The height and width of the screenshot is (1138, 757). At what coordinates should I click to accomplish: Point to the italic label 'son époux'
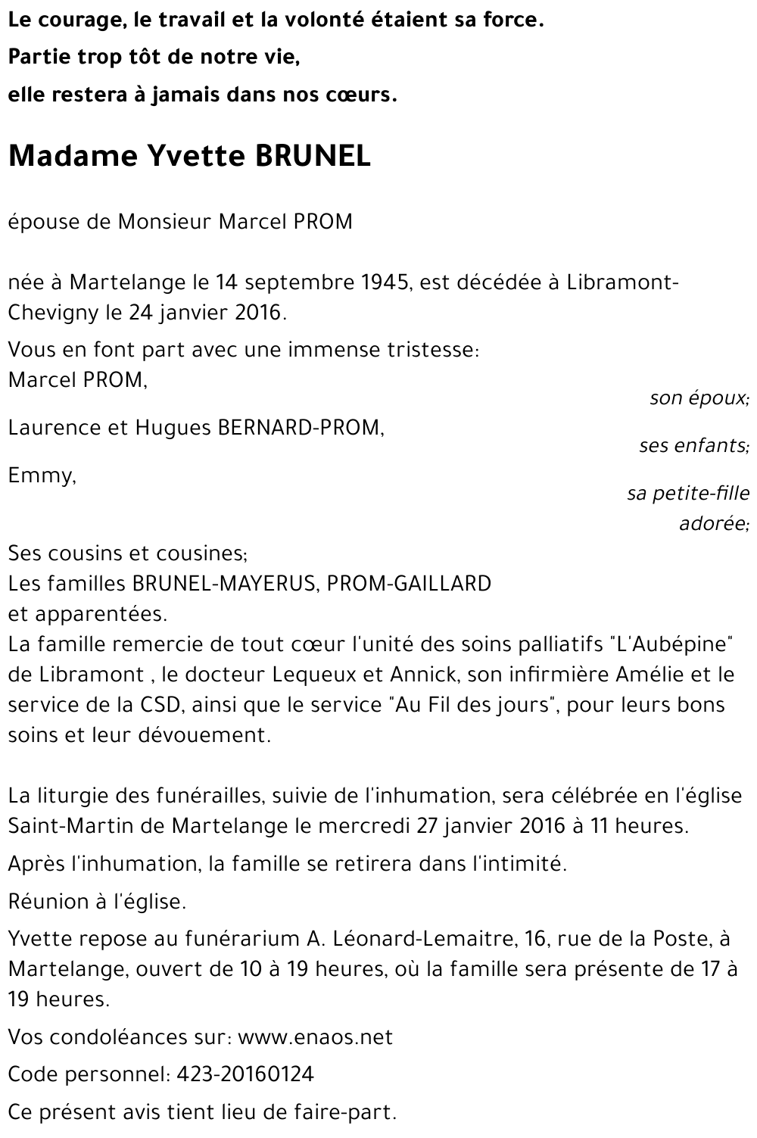[x=699, y=398]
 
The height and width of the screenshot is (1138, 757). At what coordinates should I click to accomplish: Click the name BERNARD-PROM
[x=300, y=428]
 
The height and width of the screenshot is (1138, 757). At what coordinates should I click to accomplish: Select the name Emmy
[x=41, y=475]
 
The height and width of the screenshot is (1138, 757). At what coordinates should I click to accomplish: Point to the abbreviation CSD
[x=159, y=705]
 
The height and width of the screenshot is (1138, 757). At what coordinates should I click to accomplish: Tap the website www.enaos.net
[x=315, y=1037]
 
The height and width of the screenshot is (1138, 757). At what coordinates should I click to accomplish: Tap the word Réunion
[x=44, y=902]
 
